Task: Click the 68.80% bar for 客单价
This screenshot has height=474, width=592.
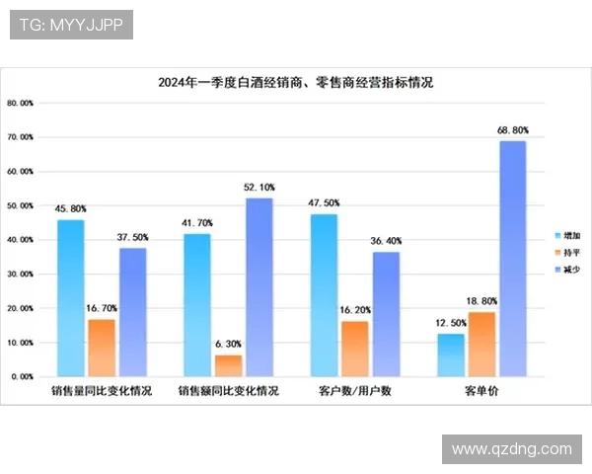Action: point(512,259)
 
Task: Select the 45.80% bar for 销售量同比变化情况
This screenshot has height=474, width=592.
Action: point(71,297)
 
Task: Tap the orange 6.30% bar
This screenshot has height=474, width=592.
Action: point(228,365)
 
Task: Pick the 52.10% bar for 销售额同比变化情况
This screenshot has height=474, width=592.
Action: point(259,287)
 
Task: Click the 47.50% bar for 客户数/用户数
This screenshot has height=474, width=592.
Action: point(324,295)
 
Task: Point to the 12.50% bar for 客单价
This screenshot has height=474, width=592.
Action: point(450,355)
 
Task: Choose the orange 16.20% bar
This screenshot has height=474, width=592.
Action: point(354,349)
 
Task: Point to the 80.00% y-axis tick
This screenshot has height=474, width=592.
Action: point(21,103)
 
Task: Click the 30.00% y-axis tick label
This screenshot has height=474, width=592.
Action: point(21,275)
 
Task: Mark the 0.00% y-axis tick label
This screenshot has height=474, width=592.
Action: point(22,377)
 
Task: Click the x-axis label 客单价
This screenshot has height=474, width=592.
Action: point(481,392)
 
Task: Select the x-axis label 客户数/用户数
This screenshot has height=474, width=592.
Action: point(355,392)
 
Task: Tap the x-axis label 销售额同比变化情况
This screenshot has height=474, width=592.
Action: point(229,392)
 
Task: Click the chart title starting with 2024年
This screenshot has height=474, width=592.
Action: point(296,83)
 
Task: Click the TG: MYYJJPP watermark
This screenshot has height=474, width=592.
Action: point(71,25)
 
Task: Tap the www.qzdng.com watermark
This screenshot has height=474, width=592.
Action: point(511,449)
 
